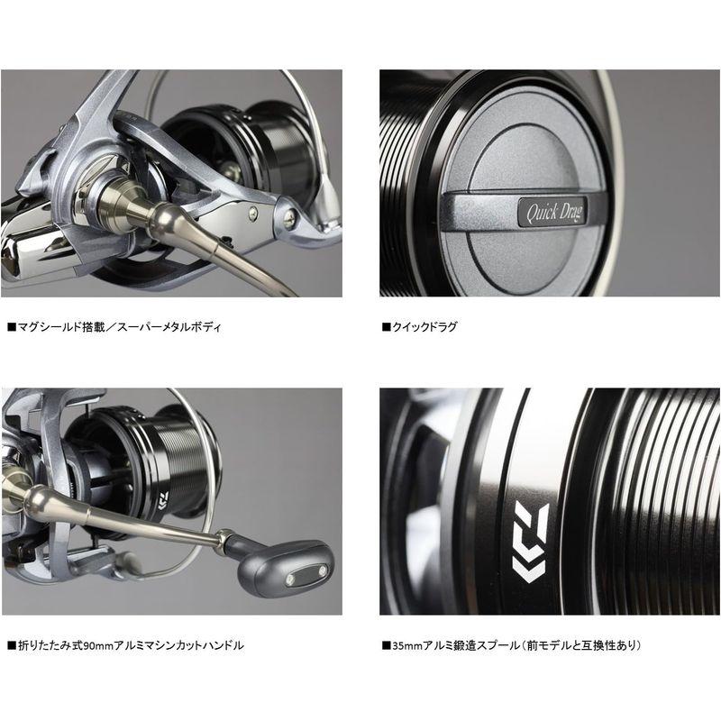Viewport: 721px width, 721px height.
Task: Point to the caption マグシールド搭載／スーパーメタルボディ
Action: pyautogui.click(x=118, y=326)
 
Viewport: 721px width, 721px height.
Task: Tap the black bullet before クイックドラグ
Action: pyautogui.click(x=384, y=326)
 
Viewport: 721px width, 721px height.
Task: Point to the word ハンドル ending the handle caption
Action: pyautogui.click(x=224, y=645)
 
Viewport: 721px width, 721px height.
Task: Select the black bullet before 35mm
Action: pyautogui.click(x=384, y=645)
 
